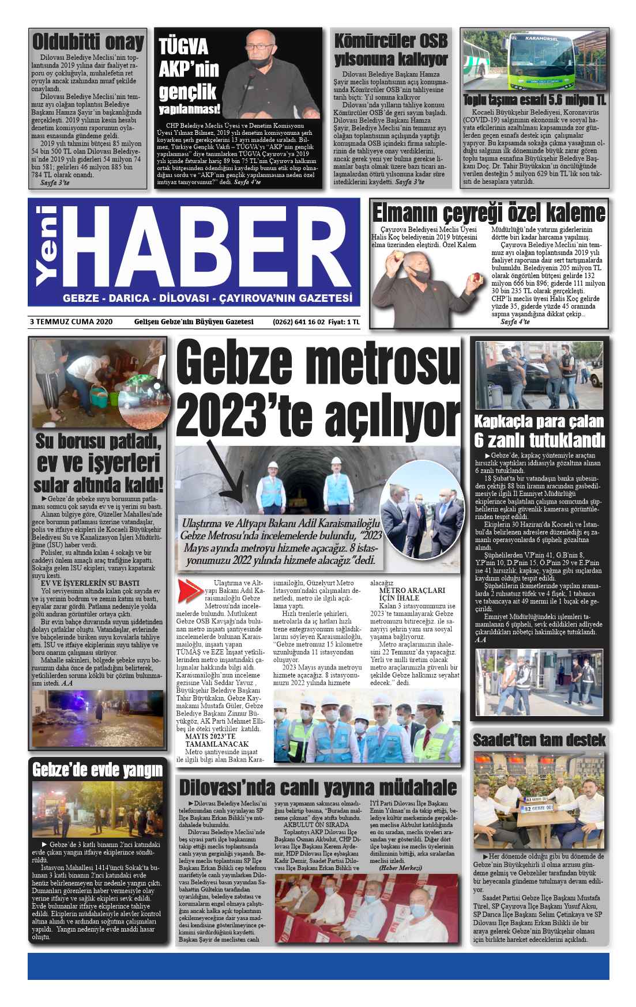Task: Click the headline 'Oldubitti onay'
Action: [x=88, y=43]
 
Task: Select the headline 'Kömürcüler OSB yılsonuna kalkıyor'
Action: [x=391, y=50]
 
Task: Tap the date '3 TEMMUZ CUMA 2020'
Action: [x=70, y=322]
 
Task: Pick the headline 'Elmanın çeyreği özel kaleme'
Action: [x=488, y=214]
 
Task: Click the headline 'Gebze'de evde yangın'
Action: [x=97, y=770]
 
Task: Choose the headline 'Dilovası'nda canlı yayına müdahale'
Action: [x=318, y=787]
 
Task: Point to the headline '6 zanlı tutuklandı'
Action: [x=539, y=441]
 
